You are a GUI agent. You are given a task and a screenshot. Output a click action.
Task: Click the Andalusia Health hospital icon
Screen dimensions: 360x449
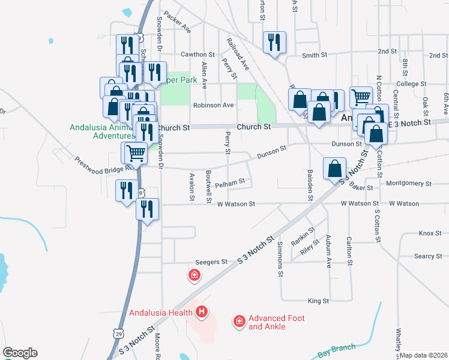[x=202, y=312]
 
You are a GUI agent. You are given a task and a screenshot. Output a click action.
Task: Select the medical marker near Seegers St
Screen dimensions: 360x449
[x=194, y=276]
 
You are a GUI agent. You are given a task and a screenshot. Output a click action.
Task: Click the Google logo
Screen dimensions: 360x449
[x=20, y=353]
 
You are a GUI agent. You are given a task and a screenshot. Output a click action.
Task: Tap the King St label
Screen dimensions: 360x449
[x=318, y=301]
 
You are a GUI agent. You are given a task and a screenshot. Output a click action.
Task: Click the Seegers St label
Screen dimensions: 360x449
[x=212, y=262]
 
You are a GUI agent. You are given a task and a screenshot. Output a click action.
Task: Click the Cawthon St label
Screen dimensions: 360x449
[x=197, y=55]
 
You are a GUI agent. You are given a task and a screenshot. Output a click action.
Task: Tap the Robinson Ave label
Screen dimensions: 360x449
[x=213, y=105]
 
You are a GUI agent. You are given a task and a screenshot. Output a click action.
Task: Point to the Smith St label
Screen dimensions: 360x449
[x=315, y=56]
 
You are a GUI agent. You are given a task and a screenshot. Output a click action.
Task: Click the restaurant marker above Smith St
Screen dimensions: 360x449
[x=275, y=43]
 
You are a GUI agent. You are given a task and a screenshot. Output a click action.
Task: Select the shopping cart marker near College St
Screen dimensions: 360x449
[x=361, y=97]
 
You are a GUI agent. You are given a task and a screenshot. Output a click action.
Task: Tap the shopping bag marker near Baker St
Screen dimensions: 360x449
[x=334, y=169]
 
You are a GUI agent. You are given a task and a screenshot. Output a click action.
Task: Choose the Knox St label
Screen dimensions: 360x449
[x=430, y=233]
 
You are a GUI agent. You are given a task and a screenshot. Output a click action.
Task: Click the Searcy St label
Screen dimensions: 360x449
[x=428, y=256]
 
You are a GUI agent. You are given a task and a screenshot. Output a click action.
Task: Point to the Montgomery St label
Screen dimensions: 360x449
[x=410, y=184]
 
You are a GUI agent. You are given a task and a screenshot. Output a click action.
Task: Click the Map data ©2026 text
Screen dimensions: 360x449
[x=423, y=355]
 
